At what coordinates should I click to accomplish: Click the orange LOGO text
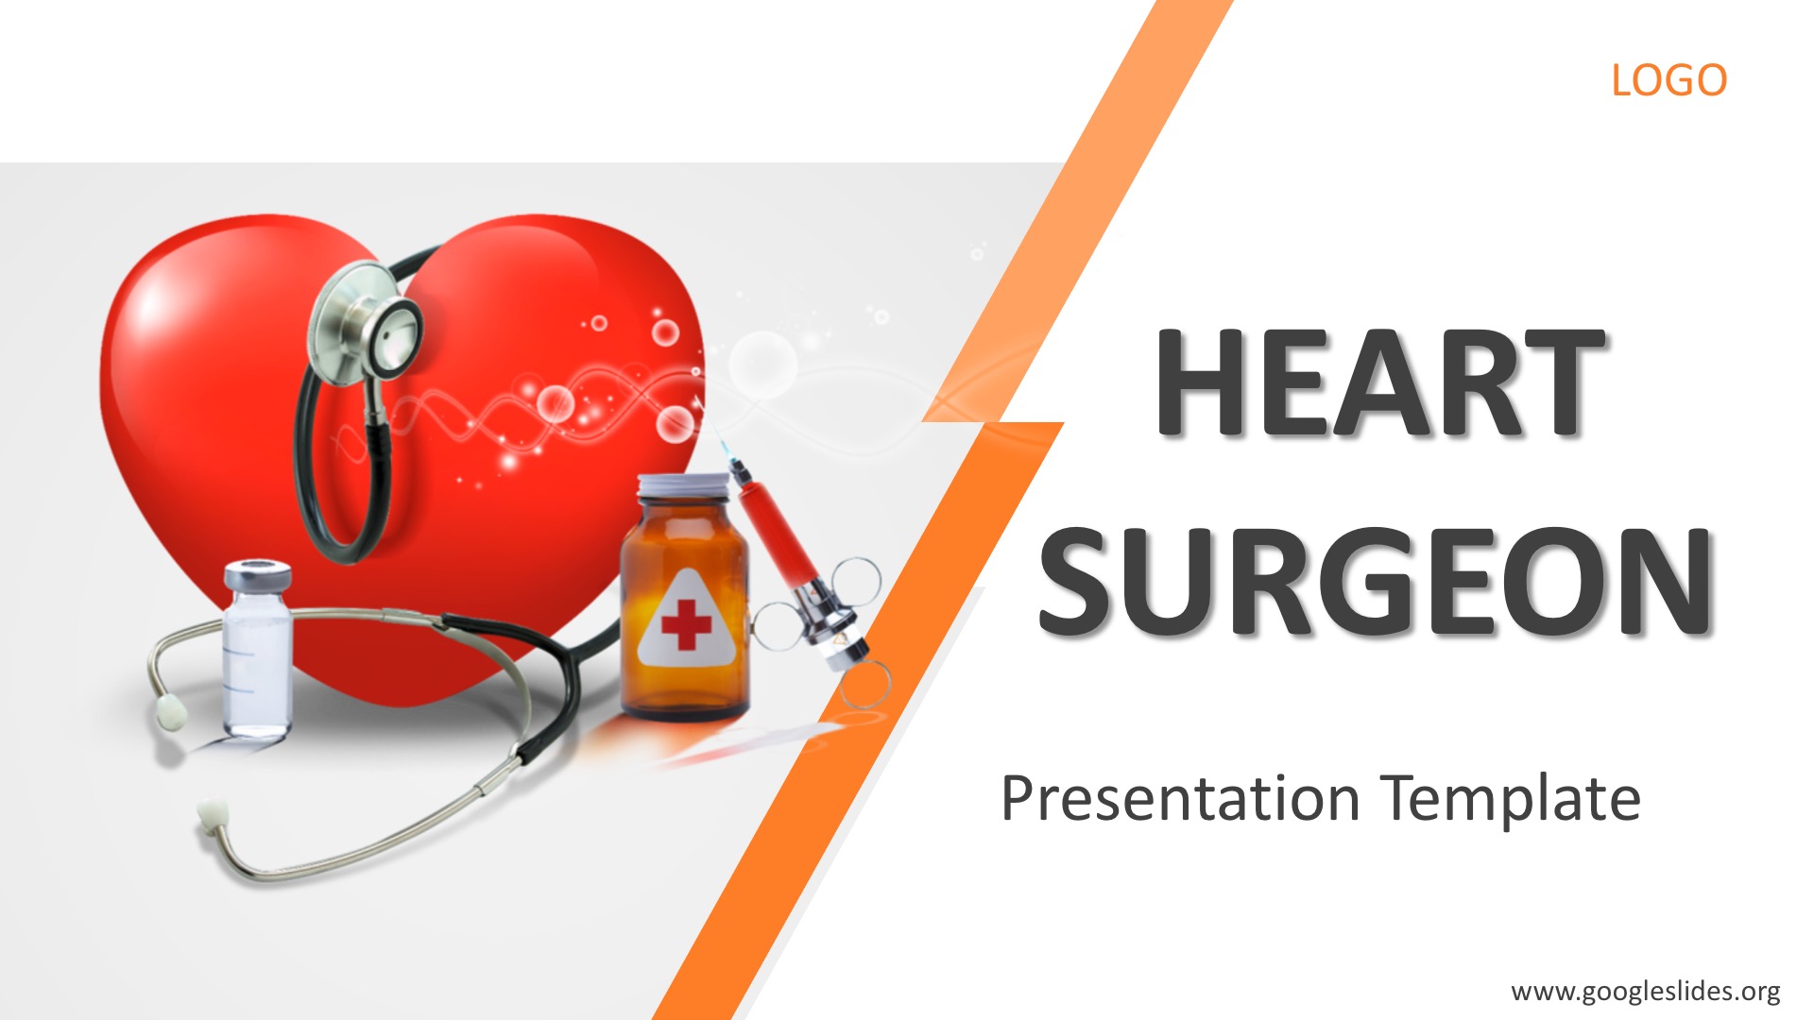(x=1669, y=80)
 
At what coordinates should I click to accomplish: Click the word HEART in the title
(x=1380, y=382)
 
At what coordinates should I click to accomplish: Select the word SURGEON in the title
(x=1376, y=580)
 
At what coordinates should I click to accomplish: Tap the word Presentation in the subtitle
(x=1180, y=799)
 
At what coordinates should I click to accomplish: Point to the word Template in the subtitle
(x=1510, y=799)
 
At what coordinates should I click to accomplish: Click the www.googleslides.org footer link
(x=1645, y=992)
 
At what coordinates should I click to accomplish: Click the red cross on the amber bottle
(x=686, y=624)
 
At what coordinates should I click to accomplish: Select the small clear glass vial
(x=257, y=650)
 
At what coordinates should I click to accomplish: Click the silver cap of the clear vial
(x=257, y=574)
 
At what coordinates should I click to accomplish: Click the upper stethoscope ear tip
(x=171, y=712)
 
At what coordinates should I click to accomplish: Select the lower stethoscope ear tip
(x=212, y=813)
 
